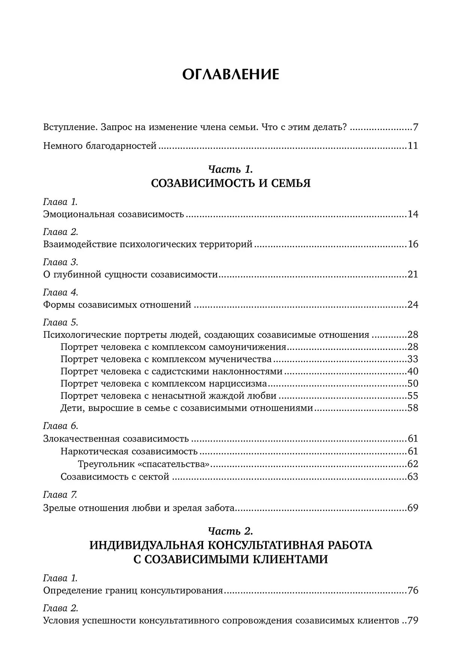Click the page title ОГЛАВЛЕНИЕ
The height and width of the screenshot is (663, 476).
point(230,74)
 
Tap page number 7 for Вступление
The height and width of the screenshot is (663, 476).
point(415,127)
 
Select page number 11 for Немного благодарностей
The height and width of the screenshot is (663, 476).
point(413,146)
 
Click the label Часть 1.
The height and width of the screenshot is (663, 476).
point(230,169)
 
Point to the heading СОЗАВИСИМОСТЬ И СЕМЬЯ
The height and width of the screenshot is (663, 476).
point(230,184)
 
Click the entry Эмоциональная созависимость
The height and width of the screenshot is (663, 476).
point(113,214)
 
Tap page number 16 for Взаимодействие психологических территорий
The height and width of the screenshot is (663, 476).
point(413,245)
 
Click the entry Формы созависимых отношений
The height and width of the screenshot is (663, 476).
point(117,305)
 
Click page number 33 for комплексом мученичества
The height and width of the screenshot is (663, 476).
point(413,359)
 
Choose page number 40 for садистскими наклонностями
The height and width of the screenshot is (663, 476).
point(413,372)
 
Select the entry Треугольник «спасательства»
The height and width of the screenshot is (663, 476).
point(144,464)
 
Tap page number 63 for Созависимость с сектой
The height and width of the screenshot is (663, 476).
point(413,477)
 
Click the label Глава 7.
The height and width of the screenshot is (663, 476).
point(60,495)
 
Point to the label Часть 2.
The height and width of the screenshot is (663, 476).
point(230,531)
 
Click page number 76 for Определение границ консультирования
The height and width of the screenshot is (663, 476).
point(413,591)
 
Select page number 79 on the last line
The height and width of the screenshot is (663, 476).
point(413,621)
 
